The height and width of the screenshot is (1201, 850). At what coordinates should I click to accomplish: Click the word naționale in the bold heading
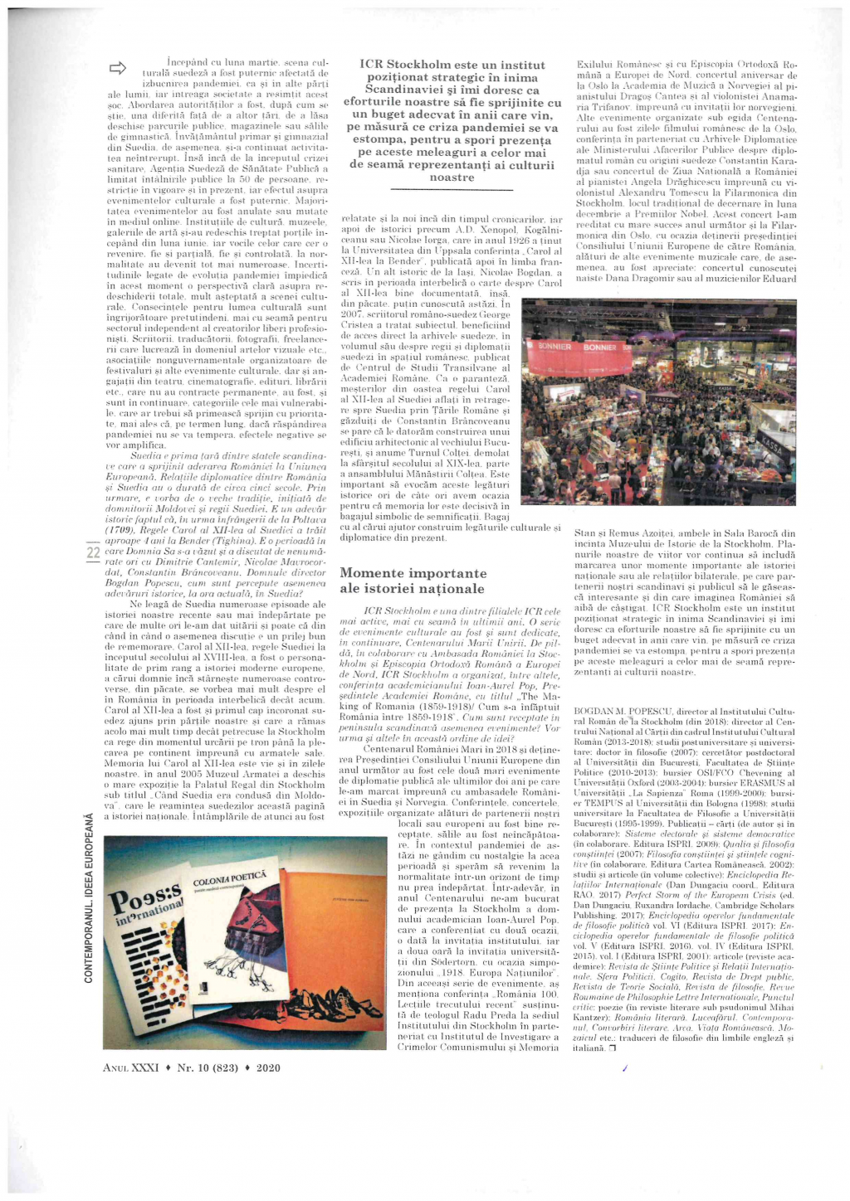448,589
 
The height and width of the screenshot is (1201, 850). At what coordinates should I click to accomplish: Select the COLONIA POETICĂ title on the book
229,876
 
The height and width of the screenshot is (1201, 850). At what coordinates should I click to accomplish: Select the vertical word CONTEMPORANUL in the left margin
89,929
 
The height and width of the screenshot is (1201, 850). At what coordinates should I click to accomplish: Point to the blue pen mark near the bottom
622,1070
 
